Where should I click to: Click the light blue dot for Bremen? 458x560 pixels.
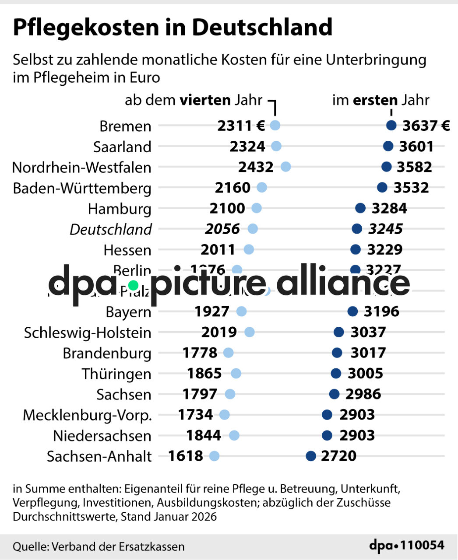click(275, 126)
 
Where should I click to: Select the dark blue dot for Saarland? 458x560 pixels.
click(388, 146)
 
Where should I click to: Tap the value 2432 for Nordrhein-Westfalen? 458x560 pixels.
click(256, 167)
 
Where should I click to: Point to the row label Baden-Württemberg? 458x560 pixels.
click(82, 188)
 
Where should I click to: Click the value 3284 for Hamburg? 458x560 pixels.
click(389, 208)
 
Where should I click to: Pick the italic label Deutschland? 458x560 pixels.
click(111, 229)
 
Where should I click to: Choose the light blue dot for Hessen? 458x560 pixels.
click(249, 249)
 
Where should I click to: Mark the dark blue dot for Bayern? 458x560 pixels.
click(352, 311)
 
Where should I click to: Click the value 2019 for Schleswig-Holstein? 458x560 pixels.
click(219, 332)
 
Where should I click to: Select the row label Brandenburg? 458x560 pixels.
click(107, 353)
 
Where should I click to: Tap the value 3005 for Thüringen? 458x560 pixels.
click(365, 373)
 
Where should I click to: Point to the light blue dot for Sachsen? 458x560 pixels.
click(230, 394)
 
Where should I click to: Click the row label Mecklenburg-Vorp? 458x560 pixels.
click(87, 415)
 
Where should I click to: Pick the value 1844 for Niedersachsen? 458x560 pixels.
click(204, 435)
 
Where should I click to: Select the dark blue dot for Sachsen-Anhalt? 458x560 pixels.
click(311, 456)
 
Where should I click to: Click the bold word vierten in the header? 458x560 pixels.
click(205, 100)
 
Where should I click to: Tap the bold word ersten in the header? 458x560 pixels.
click(375, 100)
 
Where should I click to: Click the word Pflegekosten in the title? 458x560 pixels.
click(86, 27)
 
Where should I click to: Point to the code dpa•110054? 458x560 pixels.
click(407, 546)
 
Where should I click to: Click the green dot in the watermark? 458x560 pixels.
click(133, 286)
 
